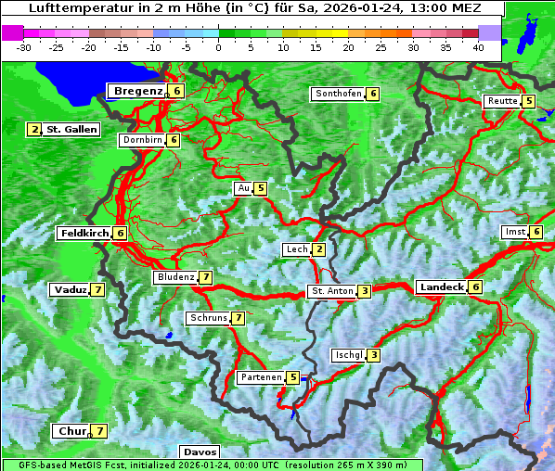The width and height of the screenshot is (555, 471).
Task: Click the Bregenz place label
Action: coord(138,91)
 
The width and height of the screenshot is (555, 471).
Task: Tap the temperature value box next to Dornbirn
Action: coord(174,140)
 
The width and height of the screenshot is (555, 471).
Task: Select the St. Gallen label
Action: coord(71,130)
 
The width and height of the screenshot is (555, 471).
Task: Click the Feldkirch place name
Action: coord(84,234)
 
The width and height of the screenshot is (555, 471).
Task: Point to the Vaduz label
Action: coord(71,290)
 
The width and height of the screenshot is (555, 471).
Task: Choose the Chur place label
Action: coord(71,431)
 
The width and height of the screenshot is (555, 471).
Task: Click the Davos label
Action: coord(200,452)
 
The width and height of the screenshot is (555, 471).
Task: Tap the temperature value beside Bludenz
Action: coord(205,277)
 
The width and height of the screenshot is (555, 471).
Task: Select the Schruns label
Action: coord(208,318)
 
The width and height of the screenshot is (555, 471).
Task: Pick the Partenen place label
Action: coord(260,377)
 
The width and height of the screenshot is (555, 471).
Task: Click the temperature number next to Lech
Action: coord(319,249)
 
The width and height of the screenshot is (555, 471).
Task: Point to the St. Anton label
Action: coord(332,291)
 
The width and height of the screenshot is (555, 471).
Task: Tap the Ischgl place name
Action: coord(348,355)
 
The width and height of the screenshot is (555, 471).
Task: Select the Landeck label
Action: coord(441,287)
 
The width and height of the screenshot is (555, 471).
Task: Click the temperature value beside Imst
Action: coord(536,232)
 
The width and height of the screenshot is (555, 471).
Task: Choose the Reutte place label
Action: coord(502,101)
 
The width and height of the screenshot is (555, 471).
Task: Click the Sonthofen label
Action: coord(338,94)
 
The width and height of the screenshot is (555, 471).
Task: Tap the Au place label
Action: coord(244,188)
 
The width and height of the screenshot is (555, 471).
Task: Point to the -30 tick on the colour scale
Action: coord(24,47)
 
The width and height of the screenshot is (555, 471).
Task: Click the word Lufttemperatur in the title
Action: coord(71,8)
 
